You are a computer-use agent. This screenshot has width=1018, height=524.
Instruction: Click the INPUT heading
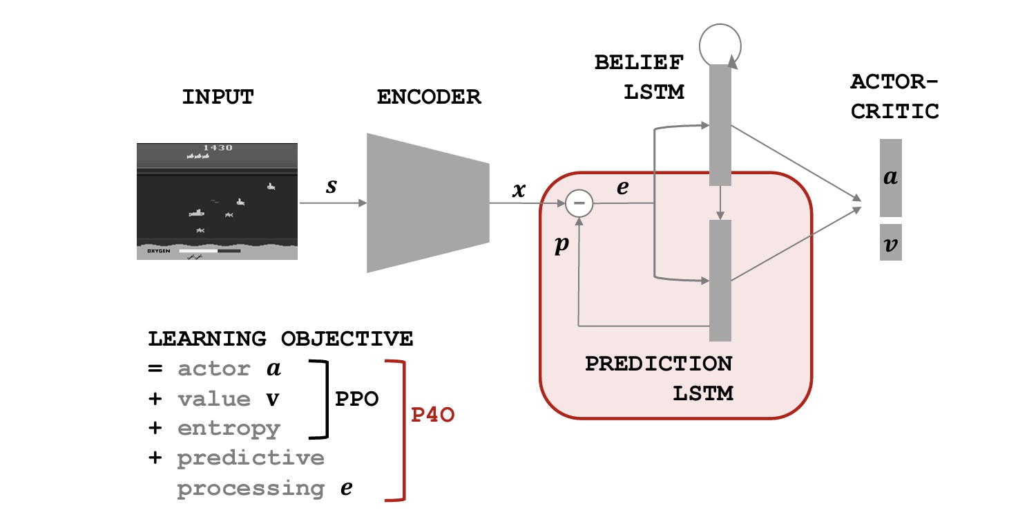click(218, 97)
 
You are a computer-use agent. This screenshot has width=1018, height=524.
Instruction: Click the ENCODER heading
click(428, 97)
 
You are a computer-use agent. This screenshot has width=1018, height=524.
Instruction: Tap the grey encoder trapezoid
click(428, 203)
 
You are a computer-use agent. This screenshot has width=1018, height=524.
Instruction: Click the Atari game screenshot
click(217, 201)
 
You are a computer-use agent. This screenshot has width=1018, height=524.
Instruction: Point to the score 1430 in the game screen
click(217, 148)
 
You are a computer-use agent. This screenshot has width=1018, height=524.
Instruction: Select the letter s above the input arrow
click(332, 187)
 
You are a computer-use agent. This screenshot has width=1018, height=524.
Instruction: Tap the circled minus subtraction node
click(579, 203)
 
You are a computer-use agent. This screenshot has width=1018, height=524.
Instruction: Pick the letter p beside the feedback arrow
click(561, 247)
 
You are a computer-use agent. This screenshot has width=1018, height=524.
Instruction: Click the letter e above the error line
click(622, 187)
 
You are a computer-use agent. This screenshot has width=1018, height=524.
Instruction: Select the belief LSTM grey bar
click(720, 124)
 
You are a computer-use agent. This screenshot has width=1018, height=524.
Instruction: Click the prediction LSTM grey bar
click(720, 280)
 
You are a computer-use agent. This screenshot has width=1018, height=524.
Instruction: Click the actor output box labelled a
click(890, 178)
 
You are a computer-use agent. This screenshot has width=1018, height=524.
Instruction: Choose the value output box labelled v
click(890, 242)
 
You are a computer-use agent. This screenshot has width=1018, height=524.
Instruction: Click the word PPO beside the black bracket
click(356, 400)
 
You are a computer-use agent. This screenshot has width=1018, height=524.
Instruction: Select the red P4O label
click(432, 417)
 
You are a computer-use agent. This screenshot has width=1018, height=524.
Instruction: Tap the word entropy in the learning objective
click(229, 429)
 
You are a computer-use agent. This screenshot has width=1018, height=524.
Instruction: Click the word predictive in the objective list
click(251, 458)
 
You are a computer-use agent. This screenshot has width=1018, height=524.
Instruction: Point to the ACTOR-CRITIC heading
click(894, 97)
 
